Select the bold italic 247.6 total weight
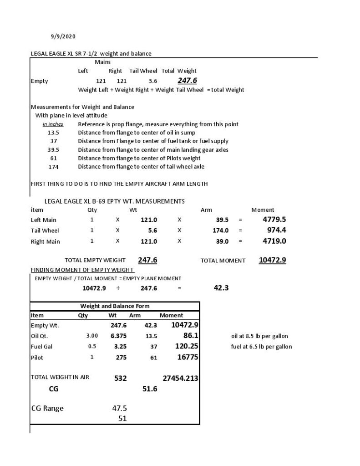[187, 81]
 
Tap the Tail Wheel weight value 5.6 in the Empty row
[153, 81]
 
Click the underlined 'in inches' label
[53, 124]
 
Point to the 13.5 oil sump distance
[53, 133]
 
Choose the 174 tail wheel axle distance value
[53, 167]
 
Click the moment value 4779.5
[274, 219]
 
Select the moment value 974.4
[276, 230]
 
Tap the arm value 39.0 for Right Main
[222, 241]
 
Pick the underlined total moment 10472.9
[273, 260]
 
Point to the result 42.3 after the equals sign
[221, 288]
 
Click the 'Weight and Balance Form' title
[115, 306]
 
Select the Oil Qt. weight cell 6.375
[118, 336]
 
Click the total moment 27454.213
[180, 378]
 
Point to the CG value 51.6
[150, 389]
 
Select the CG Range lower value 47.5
[119, 409]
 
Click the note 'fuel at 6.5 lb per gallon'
[261, 347]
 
